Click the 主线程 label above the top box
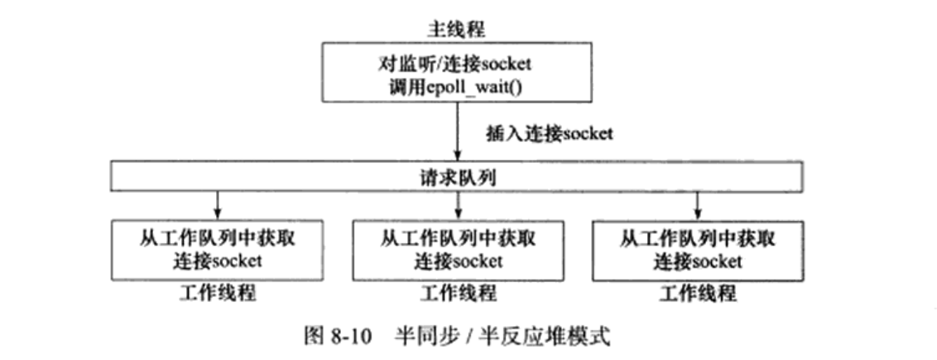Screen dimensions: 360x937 click(x=458, y=27)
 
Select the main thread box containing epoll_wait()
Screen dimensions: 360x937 click(x=458, y=74)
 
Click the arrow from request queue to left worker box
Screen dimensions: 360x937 click(x=217, y=203)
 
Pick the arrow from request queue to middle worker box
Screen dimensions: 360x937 click(x=458, y=203)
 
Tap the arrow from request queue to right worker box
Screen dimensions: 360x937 click(x=698, y=203)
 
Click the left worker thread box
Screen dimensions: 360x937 click(x=217, y=249)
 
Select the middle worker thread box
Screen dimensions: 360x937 click(x=458, y=249)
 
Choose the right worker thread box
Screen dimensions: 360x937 click(x=698, y=249)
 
